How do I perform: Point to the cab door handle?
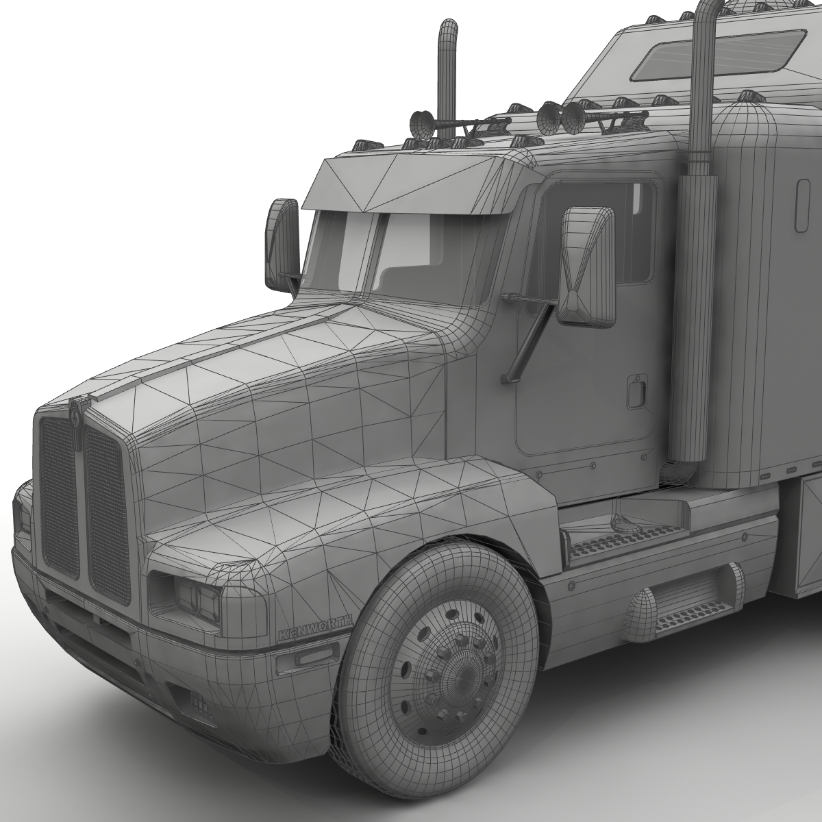click(x=637, y=390)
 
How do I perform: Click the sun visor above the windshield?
click(x=411, y=185)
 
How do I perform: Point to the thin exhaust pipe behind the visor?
click(x=447, y=75)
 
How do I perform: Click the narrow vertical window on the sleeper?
click(x=803, y=202)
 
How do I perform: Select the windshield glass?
click(x=404, y=253)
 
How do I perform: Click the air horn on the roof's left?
click(x=418, y=123)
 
